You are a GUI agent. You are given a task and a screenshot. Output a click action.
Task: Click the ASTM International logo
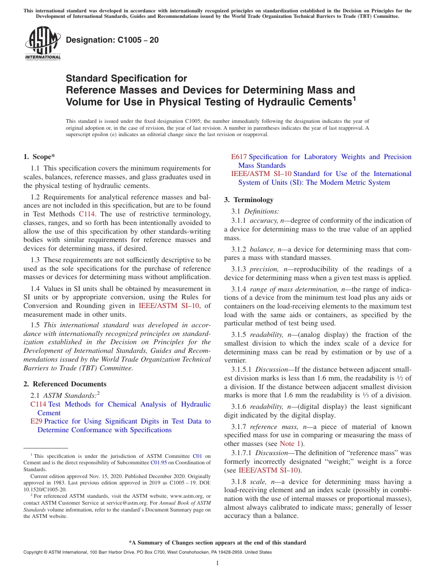point(43,44)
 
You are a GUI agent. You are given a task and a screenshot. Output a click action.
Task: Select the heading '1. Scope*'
point(39,157)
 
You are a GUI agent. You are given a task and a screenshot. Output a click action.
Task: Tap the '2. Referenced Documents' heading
point(65,384)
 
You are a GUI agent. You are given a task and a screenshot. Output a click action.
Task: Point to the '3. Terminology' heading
point(249,200)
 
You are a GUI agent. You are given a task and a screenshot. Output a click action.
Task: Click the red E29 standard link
point(36,421)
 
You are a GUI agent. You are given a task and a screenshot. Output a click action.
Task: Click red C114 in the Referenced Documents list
point(38,404)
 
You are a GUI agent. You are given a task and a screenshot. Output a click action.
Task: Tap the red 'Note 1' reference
point(289,444)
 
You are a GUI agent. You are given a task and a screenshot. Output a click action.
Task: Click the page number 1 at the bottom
point(217,563)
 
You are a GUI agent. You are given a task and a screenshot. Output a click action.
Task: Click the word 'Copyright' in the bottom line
point(33,552)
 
